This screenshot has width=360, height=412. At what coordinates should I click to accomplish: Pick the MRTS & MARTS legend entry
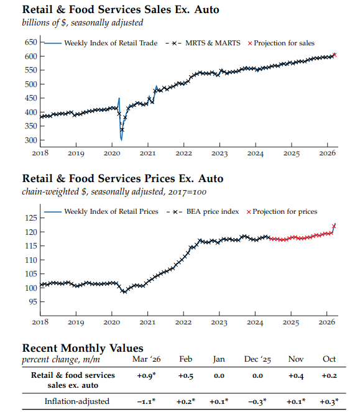coord(211,43)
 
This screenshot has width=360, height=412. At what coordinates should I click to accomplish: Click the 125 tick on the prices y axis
coord(30,218)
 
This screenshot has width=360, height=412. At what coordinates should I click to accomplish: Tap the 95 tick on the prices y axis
coord(32,302)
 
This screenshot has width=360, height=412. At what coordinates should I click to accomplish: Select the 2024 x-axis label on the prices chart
coord(255,322)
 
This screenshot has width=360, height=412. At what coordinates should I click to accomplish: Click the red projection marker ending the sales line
coord(335,55)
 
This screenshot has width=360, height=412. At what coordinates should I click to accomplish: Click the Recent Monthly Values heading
coord(83,348)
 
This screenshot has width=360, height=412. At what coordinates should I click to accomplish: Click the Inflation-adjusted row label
coord(77,401)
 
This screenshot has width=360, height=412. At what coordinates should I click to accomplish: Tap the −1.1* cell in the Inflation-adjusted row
coord(147,401)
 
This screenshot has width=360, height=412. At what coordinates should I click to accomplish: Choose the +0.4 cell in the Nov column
coord(295,375)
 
